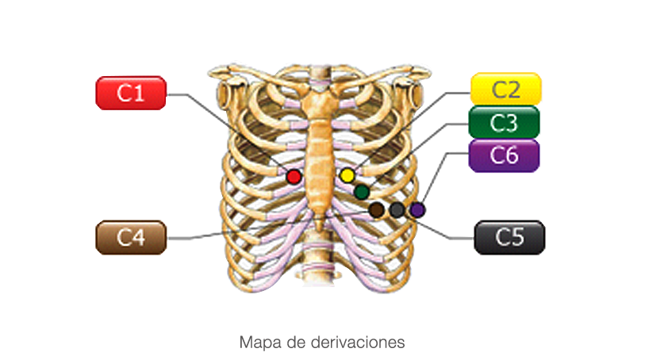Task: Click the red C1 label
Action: pyautogui.click(x=131, y=93)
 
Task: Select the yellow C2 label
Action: pyautogui.click(x=505, y=89)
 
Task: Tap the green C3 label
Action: pyautogui.click(x=504, y=122)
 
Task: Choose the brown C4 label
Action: pyautogui.click(x=131, y=238)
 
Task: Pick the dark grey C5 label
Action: pyautogui.click(x=509, y=238)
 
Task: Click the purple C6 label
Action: pyautogui.click(x=504, y=155)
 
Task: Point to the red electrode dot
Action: pyautogui.click(x=294, y=177)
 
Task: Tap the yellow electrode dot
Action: pyautogui.click(x=347, y=175)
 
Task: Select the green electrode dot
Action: pyautogui.click(x=362, y=192)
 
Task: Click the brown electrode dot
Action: pyautogui.click(x=376, y=210)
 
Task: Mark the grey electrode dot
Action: pyautogui.click(x=397, y=210)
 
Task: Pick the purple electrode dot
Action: pyautogui.click(x=417, y=210)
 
